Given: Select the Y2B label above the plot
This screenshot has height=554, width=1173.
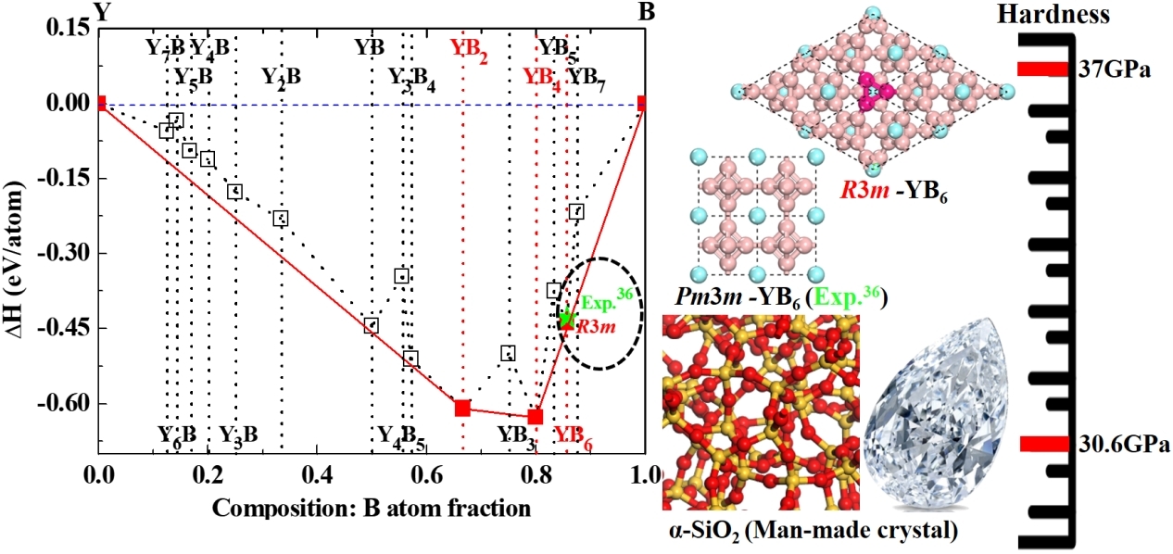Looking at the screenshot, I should [281, 76].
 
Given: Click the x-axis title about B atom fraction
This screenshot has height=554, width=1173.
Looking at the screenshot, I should [371, 509].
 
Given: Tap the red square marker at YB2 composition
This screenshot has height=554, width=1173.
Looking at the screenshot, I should [462, 408].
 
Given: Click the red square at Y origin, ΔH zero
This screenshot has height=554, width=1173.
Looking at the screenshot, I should [100, 102].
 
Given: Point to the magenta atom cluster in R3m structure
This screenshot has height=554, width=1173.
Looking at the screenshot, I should [872, 90].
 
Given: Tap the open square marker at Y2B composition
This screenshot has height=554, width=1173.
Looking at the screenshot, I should [281, 219].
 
